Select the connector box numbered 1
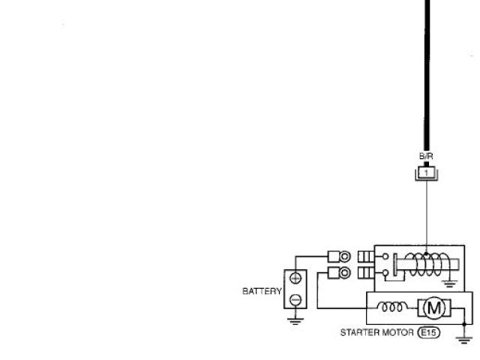click(426, 172)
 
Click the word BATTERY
click(261, 290)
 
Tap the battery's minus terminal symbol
click(295, 300)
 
